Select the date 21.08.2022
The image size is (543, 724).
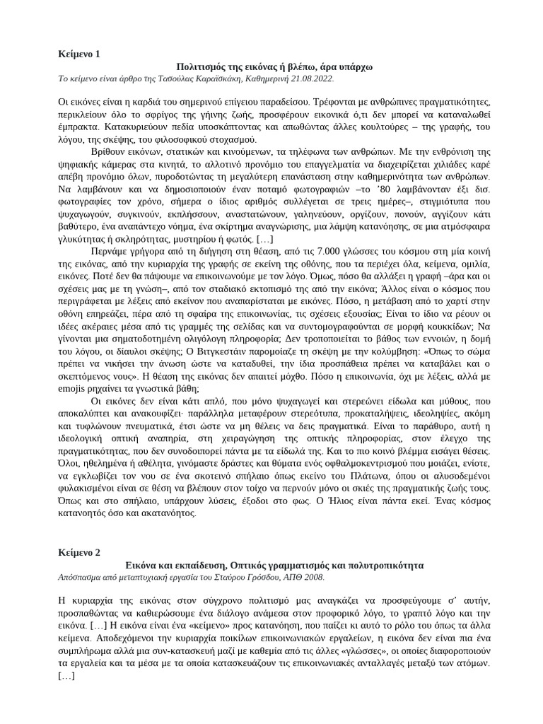(x=308, y=78)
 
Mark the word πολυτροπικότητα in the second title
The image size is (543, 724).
(x=379, y=566)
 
